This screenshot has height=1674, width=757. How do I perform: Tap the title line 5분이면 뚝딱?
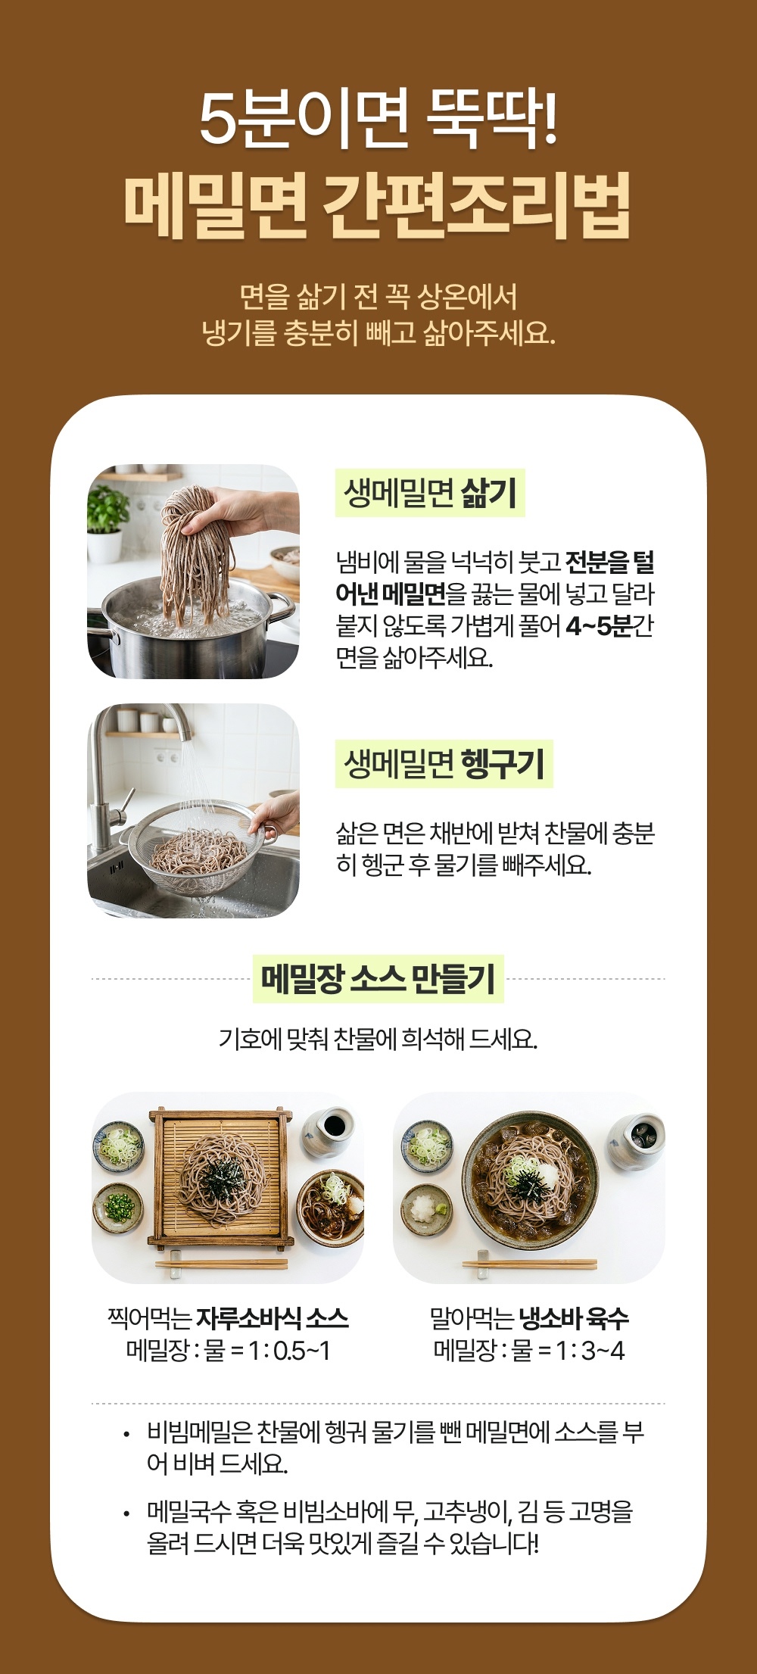pos(378,118)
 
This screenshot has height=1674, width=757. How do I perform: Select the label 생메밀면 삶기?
pos(430,493)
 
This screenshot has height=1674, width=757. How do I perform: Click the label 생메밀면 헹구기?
pos(444,764)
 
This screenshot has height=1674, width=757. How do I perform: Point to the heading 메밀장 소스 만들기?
pos(378,979)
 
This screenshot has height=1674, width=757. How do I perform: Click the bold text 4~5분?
pos(599,627)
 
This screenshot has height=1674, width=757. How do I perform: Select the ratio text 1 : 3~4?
pos(590,1351)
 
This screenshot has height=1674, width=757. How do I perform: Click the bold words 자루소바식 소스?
pos(273,1318)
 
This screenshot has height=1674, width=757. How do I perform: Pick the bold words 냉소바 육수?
pos(574,1318)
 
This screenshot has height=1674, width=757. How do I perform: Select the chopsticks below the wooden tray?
pos(221,1263)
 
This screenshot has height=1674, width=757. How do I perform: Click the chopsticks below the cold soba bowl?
pos(529,1263)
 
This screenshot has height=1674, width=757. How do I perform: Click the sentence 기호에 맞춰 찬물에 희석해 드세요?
pos(378,1039)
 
